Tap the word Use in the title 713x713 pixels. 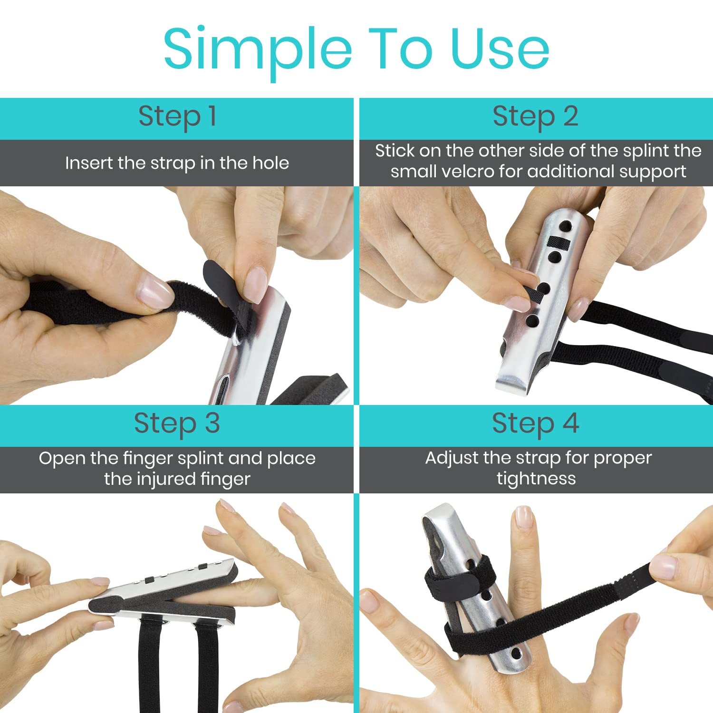[500, 49]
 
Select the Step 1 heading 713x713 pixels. [177, 117]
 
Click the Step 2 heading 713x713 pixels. [535, 117]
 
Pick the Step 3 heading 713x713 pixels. [177, 424]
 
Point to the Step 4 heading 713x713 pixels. [535, 424]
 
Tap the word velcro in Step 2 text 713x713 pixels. [468, 172]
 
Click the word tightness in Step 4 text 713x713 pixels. [536, 479]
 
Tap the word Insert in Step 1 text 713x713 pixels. [89, 163]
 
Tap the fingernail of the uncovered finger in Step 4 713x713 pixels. [524, 518]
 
